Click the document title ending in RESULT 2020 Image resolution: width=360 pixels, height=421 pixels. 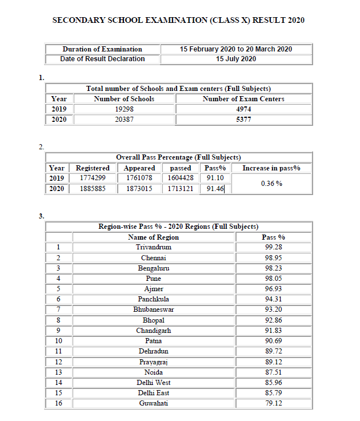[x=178, y=20]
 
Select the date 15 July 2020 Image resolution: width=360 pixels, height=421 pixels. [x=235, y=58]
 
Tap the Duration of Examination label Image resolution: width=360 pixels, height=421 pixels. [x=102, y=49]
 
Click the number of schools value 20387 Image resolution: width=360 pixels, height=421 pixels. [x=124, y=120]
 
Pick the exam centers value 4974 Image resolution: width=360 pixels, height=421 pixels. [x=243, y=109]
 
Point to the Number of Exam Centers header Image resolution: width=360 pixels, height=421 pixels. [x=243, y=98]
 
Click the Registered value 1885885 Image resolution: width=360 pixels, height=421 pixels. [x=93, y=188]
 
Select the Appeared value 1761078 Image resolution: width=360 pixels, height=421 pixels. [x=139, y=178]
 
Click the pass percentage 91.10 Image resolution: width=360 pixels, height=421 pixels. [x=215, y=178]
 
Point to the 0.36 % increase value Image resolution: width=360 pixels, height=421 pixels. [x=271, y=184]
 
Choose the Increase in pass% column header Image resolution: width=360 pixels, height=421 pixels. [x=271, y=168]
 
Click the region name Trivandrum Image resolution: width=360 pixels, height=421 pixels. [x=153, y=247]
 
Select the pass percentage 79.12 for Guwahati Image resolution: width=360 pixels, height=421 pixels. [x=273, y=403]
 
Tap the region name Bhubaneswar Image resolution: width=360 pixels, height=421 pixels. [x=153, y=309]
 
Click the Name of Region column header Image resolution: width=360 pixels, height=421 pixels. [x=153, y=237]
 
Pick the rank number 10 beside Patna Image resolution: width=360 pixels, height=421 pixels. [x=58, y=341]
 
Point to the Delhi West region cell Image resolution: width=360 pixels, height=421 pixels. [x=153, y=382]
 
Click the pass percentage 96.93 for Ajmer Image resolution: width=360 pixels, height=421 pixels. [x=273, y=289]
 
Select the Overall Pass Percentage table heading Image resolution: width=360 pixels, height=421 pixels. [x=178, y=157]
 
